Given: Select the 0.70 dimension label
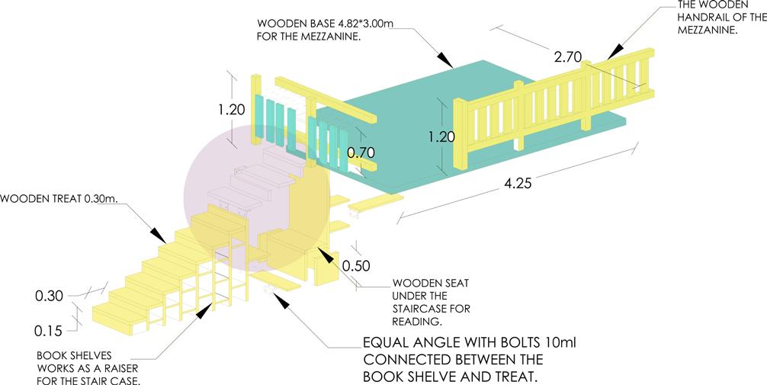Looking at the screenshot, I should click(x=360, y=152).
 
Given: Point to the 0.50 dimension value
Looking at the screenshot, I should click(x=357, y=266).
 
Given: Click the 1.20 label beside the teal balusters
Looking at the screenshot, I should click(x=231, y=109).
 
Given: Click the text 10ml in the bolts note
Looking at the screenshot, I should click(x=561, y=343).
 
